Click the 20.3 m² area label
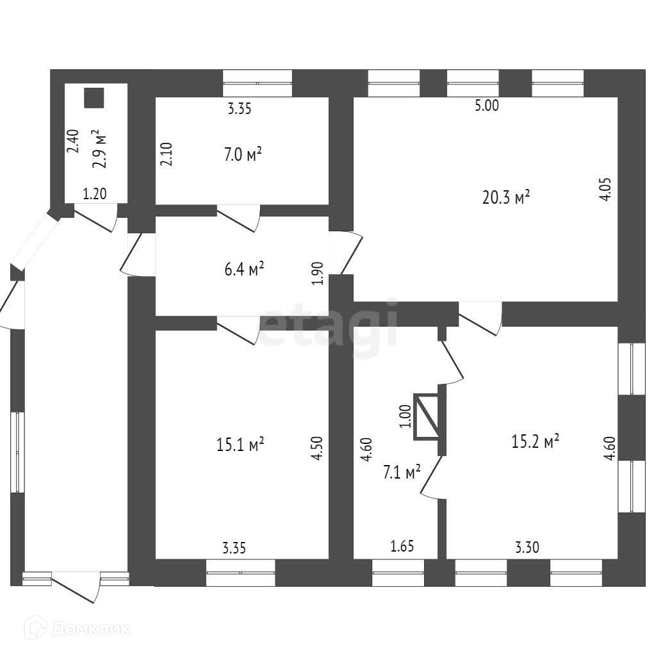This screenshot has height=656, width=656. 505,197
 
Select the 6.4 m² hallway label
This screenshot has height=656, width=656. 247,270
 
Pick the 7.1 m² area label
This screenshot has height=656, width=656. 402,472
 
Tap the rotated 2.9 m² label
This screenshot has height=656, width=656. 99,149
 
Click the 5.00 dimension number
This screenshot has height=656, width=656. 486,106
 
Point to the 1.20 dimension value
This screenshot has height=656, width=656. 95,194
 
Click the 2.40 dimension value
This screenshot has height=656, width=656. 73,141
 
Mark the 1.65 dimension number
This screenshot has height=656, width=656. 402,546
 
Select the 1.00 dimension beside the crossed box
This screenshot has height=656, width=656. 404,417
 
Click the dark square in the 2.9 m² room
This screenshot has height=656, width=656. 94,97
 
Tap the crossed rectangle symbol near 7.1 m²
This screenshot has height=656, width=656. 427,417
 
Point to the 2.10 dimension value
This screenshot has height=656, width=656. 166,154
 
